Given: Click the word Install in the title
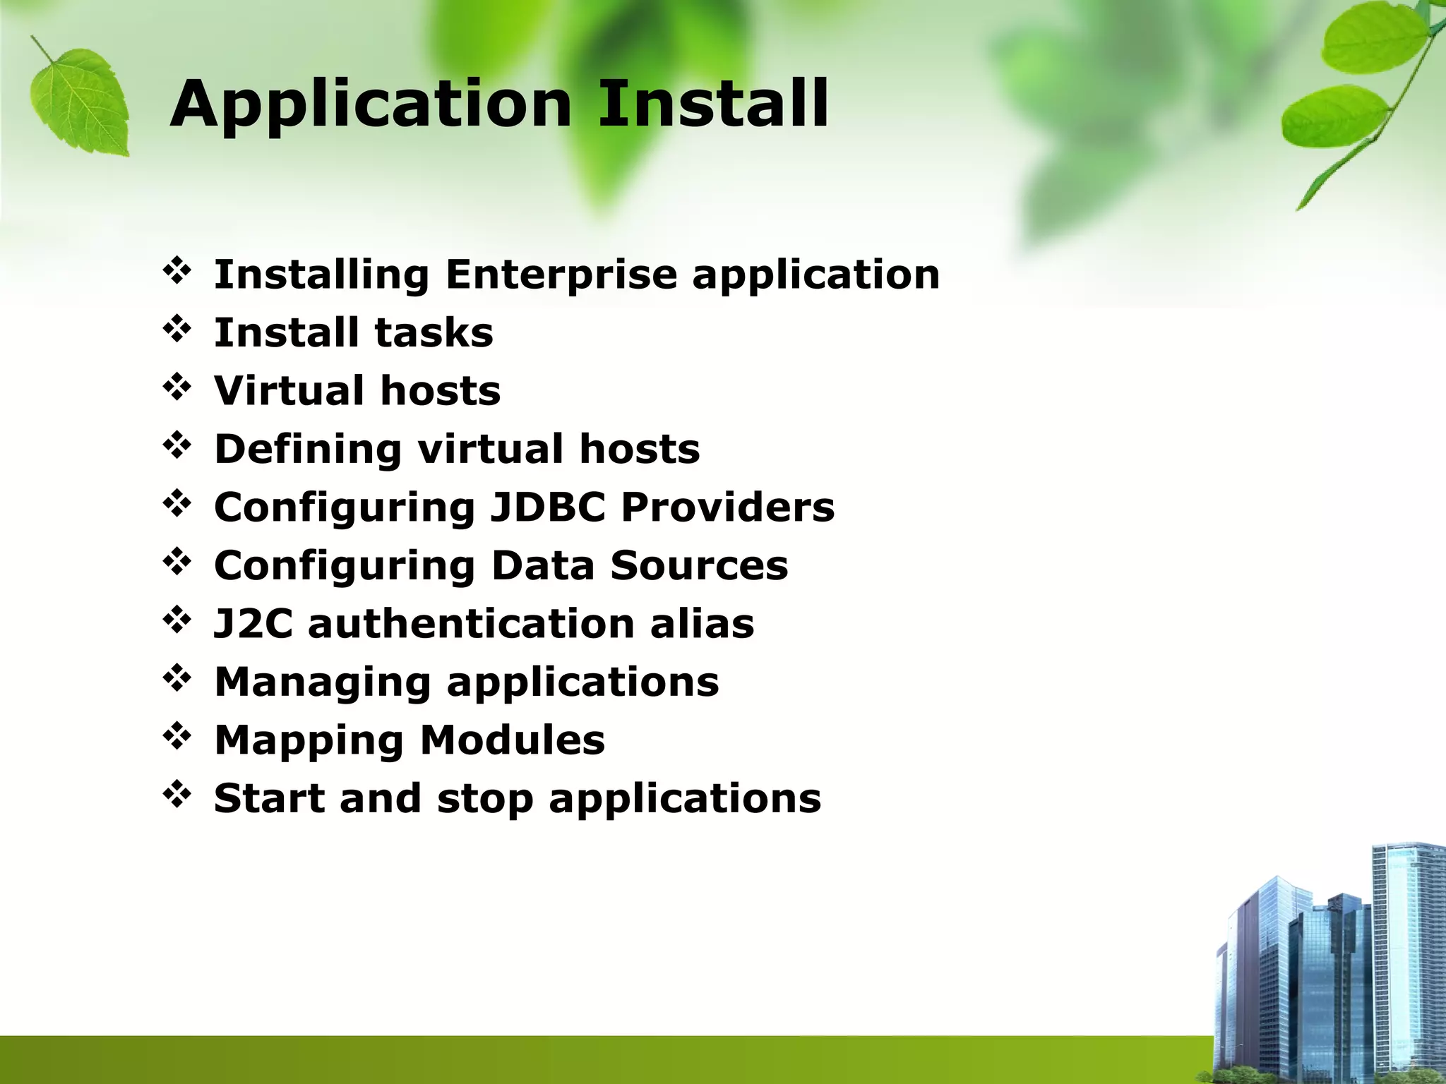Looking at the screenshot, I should point(713,104).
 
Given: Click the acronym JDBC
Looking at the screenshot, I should point(548,507).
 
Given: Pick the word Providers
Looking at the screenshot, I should point(727,507).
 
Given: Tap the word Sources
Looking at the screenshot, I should point(699,565).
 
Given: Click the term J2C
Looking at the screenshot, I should point(253,624).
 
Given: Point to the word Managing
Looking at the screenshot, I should point(322,683).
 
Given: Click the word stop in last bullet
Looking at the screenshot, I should point(485,799).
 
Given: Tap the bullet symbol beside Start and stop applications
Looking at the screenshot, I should point(177,795).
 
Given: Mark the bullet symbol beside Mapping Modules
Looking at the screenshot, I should point(177,737).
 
